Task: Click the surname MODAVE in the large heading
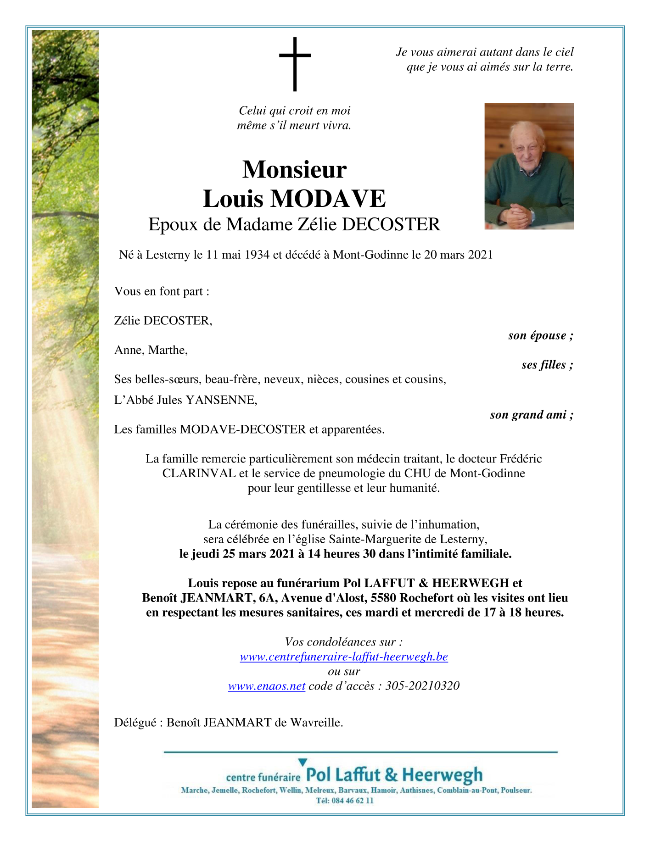point(328,199)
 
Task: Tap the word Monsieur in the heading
point(294,170)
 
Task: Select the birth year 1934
point(257,255)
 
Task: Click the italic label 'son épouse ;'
point(540,335)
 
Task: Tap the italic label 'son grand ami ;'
point(532,415)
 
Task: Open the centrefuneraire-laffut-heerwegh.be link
point(344,657)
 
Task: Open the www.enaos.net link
point(267,686)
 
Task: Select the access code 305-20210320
point(422,686)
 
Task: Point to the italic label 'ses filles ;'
point(547,365)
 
